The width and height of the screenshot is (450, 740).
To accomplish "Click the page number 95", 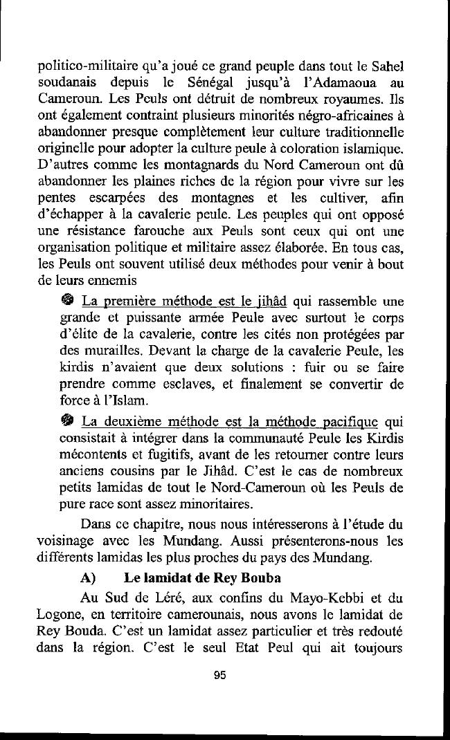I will pos(221,676).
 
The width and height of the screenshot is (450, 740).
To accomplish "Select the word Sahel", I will pos(389,68).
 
